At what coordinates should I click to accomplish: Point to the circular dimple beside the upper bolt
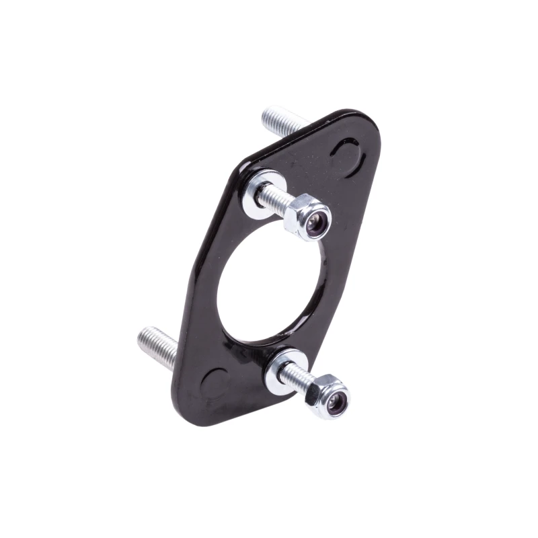point(348,157)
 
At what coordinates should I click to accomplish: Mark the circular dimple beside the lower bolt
point(215,383)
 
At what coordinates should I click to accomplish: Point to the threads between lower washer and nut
point(296,378)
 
